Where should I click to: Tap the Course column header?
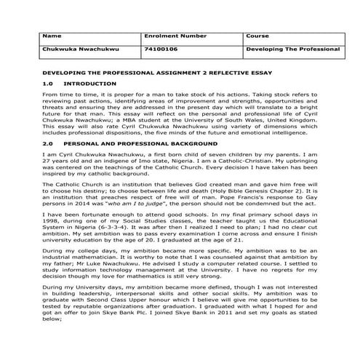tap(257, 36)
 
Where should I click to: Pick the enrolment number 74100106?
tap(159, 49)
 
